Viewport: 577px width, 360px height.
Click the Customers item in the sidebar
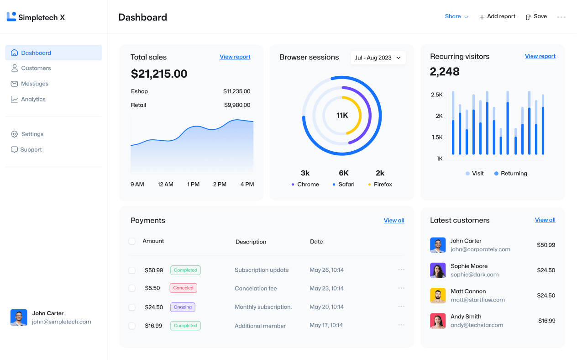point(36,68)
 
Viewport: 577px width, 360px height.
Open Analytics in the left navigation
point(33,99)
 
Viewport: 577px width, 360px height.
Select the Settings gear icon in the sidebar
point(14,134)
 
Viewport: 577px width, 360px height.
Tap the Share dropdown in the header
point(456,16)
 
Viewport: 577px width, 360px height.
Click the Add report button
point(497,16)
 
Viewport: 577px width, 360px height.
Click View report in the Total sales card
point(235,57)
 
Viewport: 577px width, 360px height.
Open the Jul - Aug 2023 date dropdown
point(378,58)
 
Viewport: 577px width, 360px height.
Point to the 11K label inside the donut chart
point(342,116)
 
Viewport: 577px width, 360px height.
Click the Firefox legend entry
point(380,185)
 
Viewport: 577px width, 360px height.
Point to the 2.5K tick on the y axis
point(436,95)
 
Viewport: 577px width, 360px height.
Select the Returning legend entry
point(510,174)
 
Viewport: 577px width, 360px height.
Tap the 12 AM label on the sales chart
point(165,185)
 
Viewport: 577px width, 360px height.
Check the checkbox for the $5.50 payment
point(132,288)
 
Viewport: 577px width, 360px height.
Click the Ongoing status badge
point(183,307)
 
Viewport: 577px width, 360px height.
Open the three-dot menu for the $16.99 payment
point(401,325)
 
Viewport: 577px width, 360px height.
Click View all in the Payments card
point(394,221)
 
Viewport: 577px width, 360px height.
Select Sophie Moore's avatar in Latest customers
point(438,270)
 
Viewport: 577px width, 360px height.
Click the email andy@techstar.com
point(477,325)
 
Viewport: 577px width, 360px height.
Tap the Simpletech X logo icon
point(11,17)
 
